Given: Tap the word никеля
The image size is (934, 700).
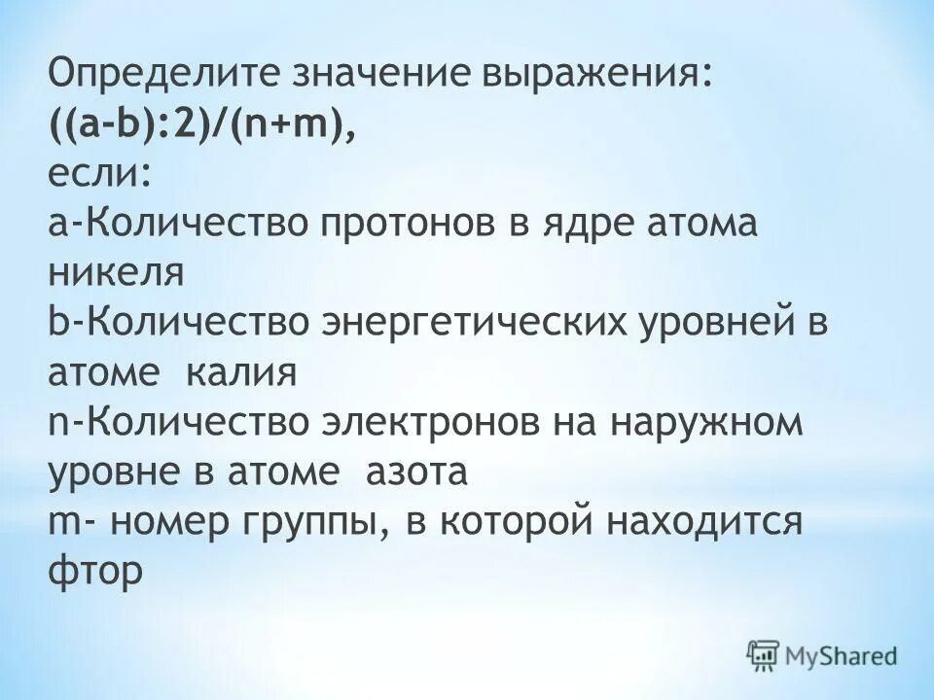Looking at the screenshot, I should [116, 275].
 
